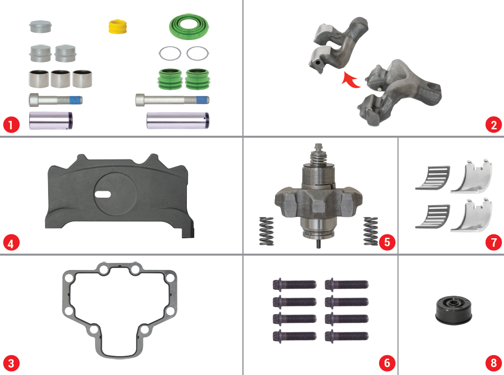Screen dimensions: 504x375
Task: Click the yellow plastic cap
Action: pos(117,26)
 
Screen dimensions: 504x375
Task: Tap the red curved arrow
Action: pos(350,80)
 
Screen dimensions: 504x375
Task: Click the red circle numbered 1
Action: pos(11,124)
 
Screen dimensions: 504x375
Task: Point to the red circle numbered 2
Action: pos(494,125)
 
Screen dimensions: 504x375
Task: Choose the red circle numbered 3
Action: pos(11,363)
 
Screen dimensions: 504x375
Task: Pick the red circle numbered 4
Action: pos(11,243)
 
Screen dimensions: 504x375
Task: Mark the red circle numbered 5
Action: pos(387,242)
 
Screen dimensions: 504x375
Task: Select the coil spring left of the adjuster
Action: pos(267,231)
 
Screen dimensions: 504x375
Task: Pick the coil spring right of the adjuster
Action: pos(371,231)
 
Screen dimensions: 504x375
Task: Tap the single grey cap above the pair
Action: pos(40,26)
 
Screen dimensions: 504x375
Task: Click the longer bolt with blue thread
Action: pos(172,100)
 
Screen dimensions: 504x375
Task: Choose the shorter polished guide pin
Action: pos(51,120)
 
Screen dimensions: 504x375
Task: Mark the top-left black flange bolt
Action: pos(294,284)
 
